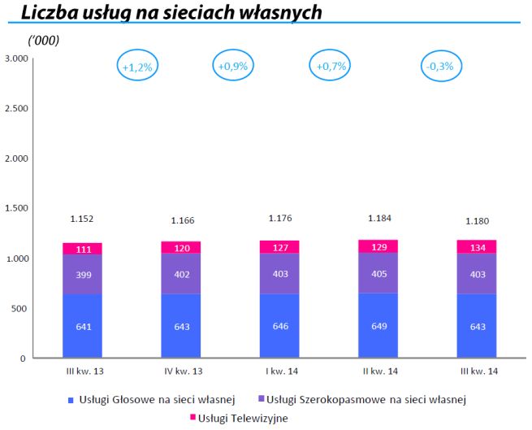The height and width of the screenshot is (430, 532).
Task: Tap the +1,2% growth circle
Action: (137, 67)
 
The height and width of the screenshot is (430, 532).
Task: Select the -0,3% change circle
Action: (439, 67)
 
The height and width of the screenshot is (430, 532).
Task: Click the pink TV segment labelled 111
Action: (82, 249)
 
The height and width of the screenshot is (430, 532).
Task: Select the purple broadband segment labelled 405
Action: (378, 274)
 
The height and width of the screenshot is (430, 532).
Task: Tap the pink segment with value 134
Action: (477, 247)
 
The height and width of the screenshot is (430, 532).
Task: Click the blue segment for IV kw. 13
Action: (181, 326)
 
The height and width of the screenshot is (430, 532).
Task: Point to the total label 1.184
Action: (378, 218)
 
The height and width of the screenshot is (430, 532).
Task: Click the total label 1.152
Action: (83, 219)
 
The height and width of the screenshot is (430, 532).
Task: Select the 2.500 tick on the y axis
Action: (16, 108)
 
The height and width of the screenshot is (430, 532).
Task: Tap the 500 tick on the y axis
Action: (19, 308)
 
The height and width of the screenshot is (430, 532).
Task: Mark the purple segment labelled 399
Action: (82, 275)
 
